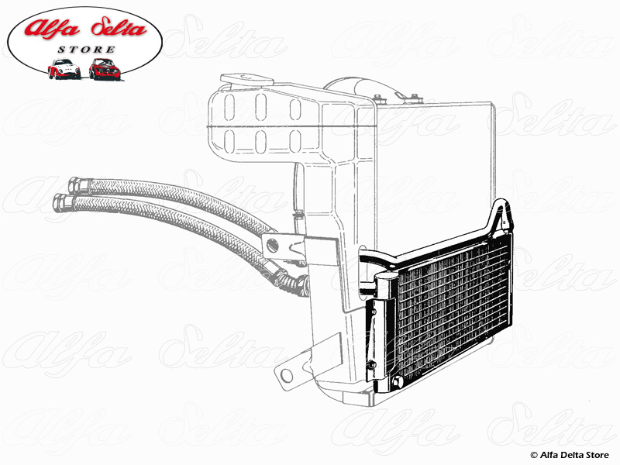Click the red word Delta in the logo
click(x=119, y=29)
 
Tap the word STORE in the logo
click(x=87, y=50)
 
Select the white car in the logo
click(x=64, y=69)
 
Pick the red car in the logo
click(x=105, y=69)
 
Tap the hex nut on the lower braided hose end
click(x=64, y=201)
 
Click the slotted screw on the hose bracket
click(x=272, y=246)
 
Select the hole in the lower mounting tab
click(x=287, y=375)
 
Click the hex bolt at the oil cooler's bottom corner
click(x=397, y=381)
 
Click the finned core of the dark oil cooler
click(x=453, y=306)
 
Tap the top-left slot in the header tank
click(x=229, y=107)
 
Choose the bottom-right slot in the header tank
click(x=295, y=141)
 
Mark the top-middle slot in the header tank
click(x=261, y=107)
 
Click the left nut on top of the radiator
click(x=377, y=98)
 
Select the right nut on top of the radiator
click(x=415, y=98)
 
